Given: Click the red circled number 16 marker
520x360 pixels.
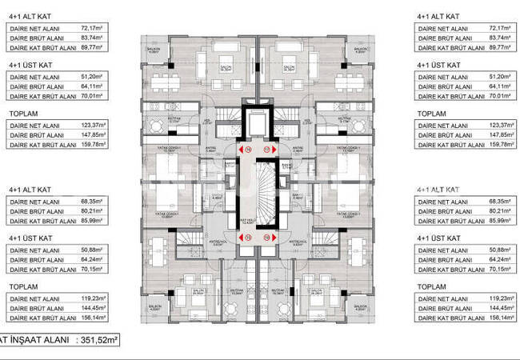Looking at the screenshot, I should click(248, 148).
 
